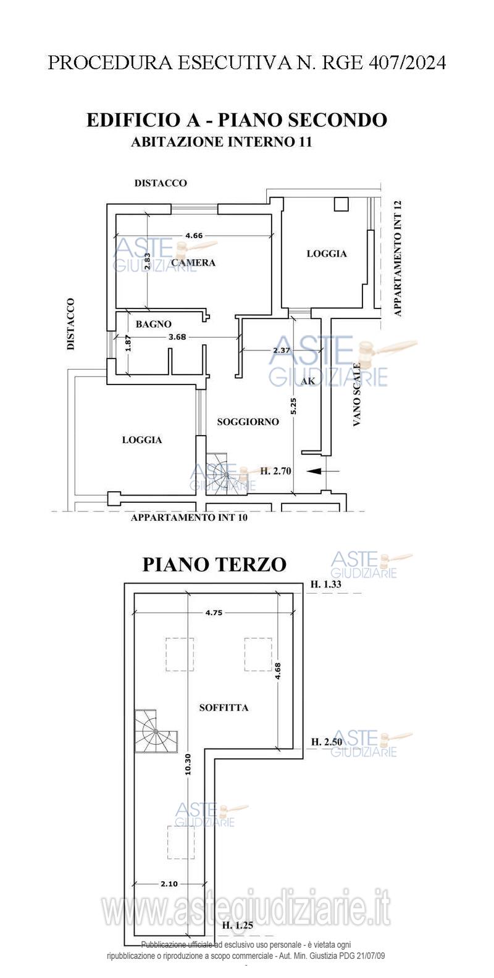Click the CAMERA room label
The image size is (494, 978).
tap(193, 262)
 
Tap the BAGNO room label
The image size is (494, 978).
tap(153, 324)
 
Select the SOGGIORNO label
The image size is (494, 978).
tap(248, 422)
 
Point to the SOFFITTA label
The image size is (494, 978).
tap(224, 708)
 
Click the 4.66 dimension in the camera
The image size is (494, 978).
tap(194, 236)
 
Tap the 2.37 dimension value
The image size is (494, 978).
tap(282, 350)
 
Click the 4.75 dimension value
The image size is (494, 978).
tap(214, 613)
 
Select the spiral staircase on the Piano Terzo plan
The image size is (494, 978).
tap(156, 731)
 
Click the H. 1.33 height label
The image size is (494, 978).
tap(326, 584)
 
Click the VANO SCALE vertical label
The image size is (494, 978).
tap(357, 394)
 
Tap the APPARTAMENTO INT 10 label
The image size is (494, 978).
tap(189, 518)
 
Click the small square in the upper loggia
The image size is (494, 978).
tap(341, 204)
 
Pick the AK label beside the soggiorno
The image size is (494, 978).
tap(308, 381)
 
